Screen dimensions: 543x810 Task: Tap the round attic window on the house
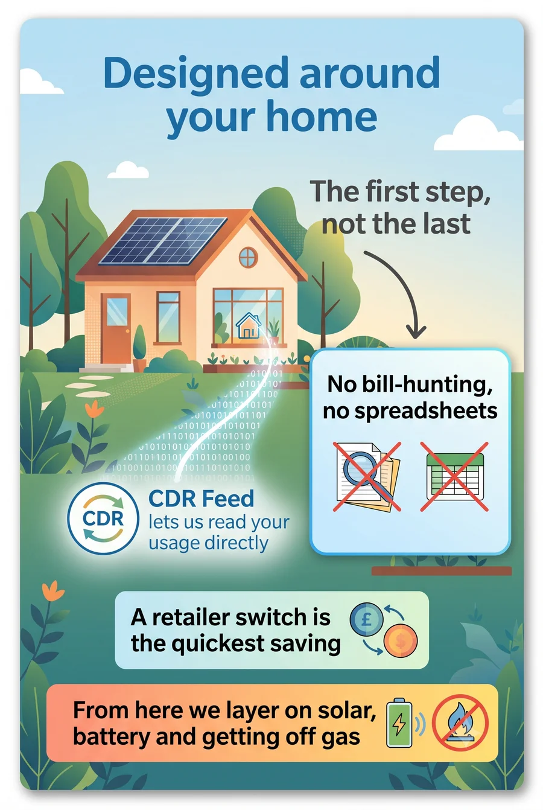[249, 258]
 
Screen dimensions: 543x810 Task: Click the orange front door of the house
[116, 330]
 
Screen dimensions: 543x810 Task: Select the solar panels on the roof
[163, 240]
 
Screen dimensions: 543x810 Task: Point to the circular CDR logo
[103, 519]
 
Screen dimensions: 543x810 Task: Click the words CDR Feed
[201, 499]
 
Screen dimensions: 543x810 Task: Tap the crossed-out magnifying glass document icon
[367, 476]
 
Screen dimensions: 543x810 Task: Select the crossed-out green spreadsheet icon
[454, 476]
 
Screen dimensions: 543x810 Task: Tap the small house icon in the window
[249, 325]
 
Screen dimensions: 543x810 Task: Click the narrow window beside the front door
[168, 317]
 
